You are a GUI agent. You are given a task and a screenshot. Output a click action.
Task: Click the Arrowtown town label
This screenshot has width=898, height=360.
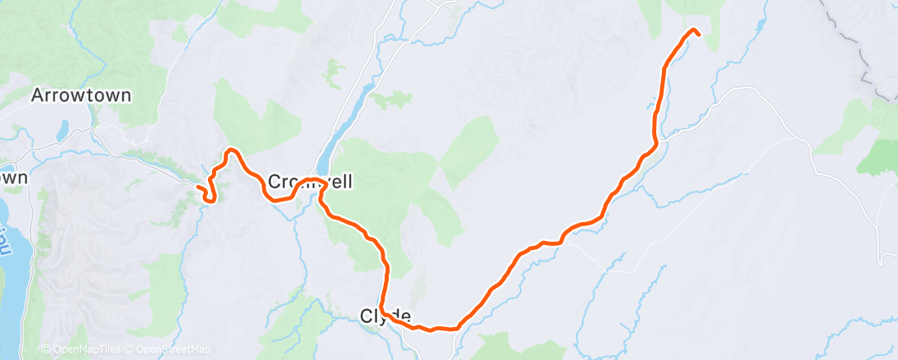pyautogui.click(x=81, y=96)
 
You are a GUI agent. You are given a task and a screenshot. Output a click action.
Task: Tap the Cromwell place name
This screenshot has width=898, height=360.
pyautogui.click(x=310, y=181)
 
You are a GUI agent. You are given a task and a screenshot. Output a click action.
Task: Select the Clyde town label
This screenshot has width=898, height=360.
pyautogui.click(x=385, y=315)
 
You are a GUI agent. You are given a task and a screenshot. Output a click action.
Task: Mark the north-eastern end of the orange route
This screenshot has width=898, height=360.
pyautogui.click(x=698, y=34)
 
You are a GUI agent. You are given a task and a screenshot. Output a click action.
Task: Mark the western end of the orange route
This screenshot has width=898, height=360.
pyautogui.click(x=199, y=189)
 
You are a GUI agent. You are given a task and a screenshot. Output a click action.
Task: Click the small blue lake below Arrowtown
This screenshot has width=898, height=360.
pyautogui.click(x=63, y=130)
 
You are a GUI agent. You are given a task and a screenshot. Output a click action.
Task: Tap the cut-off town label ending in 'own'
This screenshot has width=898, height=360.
pyautogui.click(x=14, y=178)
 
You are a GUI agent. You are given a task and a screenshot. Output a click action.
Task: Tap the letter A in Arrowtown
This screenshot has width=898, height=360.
pyautogui.click(x=37, y=96)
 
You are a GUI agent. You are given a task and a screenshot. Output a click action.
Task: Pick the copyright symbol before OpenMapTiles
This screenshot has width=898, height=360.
pyautogui.click(x=45, y=350)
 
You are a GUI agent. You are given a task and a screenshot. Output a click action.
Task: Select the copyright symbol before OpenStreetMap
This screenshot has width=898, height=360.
pyautogui.click(x=130, y=350)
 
